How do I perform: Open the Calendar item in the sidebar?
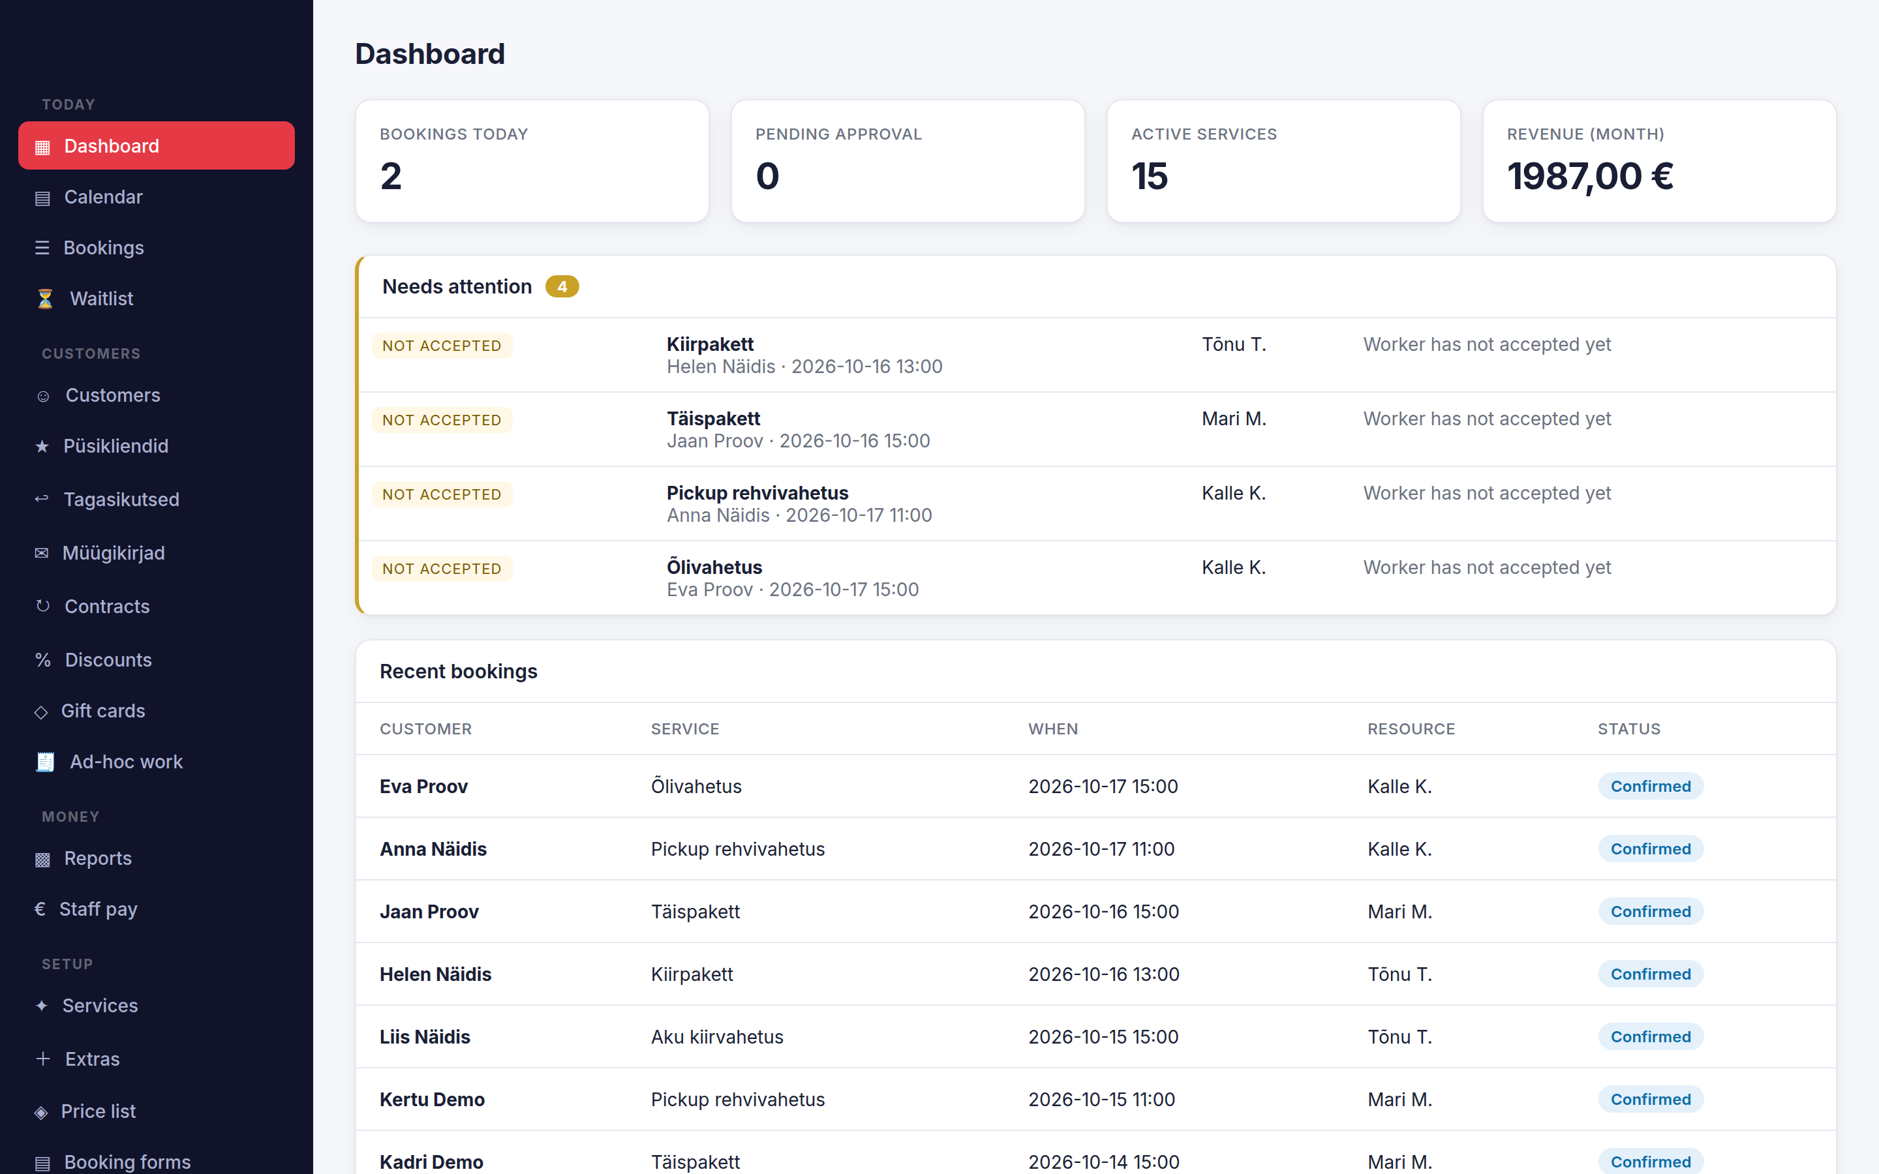(103, 197)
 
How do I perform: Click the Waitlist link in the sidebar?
(101, 299)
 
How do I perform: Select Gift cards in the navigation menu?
(102, 711)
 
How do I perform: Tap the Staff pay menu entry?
(98, 909)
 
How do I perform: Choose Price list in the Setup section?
(98, 1111)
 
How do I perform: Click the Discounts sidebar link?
(108, 660)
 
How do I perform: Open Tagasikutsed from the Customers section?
(121, 499)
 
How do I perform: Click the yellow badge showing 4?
(562, 286)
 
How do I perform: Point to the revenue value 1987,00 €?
(1590, 176)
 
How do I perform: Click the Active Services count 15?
(1149, 176)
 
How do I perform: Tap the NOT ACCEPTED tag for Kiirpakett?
(442, 346)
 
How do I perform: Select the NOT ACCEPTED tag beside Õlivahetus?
(442, 569)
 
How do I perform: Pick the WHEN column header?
(1053, 729)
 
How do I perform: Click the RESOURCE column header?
(1411, 729)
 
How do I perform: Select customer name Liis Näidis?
(425, 1036)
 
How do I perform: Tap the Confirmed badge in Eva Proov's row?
(1651, 787)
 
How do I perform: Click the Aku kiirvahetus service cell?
(716, 1036)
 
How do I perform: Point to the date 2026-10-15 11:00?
(1102, 1100)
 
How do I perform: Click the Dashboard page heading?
(430, 53)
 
